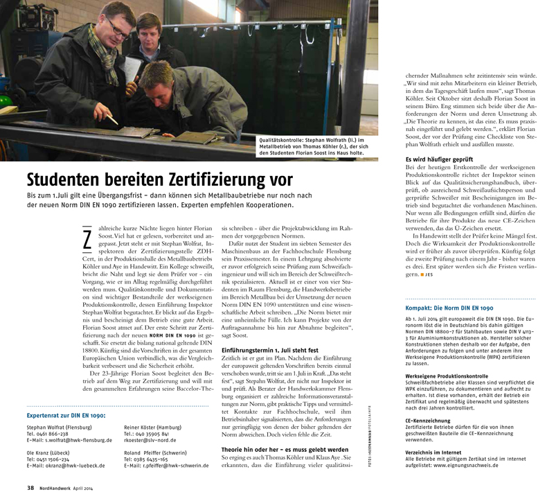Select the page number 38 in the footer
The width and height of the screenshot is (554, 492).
point(30,487)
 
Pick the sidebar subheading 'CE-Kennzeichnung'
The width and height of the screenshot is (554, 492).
point(430,420)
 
